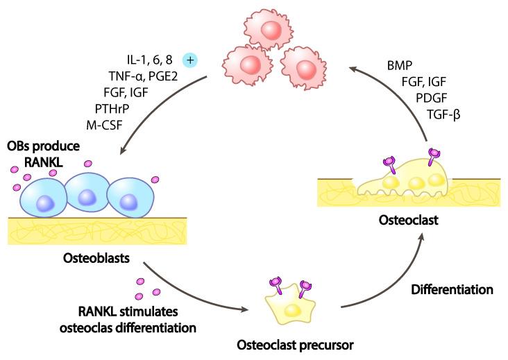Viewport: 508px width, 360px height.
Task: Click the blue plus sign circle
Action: click(x=190, y=60)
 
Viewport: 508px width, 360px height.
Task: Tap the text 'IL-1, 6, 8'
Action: click(x=149, y=61)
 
